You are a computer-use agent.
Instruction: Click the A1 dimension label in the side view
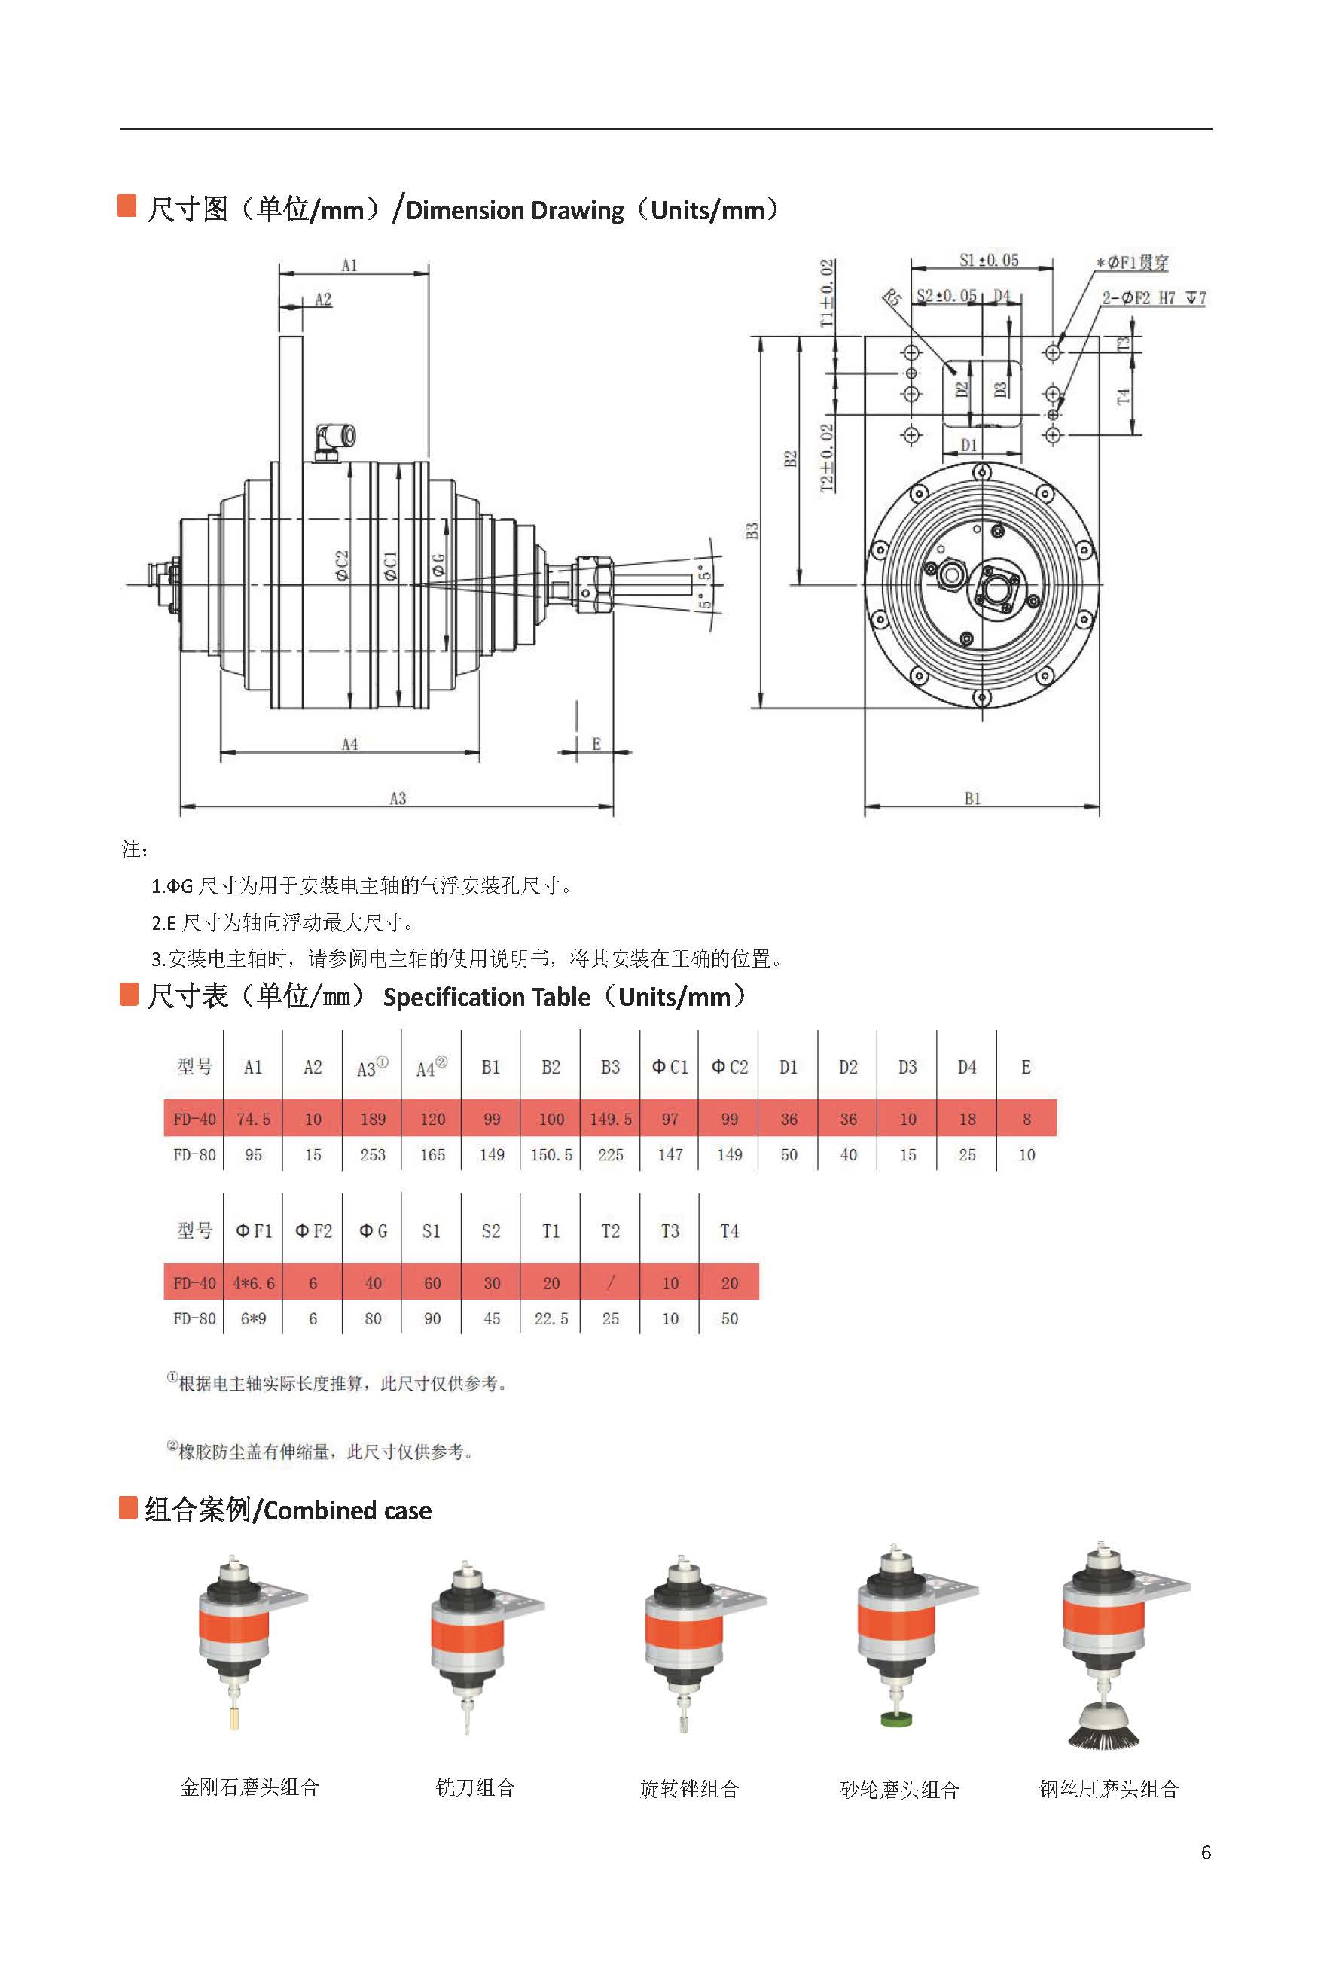[349, 265]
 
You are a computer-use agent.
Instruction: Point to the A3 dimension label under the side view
[398, 798]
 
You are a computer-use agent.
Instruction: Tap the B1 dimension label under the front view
[972, 798]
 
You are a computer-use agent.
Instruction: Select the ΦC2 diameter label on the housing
[342, 565]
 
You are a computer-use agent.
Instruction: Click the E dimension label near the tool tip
[596, 744]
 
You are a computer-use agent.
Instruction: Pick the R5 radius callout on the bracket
[891, 297]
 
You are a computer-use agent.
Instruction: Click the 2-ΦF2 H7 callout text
[1153, 298]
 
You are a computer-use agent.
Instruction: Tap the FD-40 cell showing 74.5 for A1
[253, 1119]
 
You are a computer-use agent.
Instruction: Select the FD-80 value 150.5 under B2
[551, 1155]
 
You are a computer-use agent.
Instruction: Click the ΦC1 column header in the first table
[670, 1068]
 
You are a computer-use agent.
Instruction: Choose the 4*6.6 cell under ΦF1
[253, 1283]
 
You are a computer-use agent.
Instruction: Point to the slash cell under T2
[610, 1282]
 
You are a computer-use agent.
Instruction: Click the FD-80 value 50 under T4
[730, 1319]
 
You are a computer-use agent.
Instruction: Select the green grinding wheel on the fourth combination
[896, 1718]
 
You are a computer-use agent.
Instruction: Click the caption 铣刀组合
[475, 1787]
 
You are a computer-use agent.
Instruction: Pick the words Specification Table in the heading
[487, 997]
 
